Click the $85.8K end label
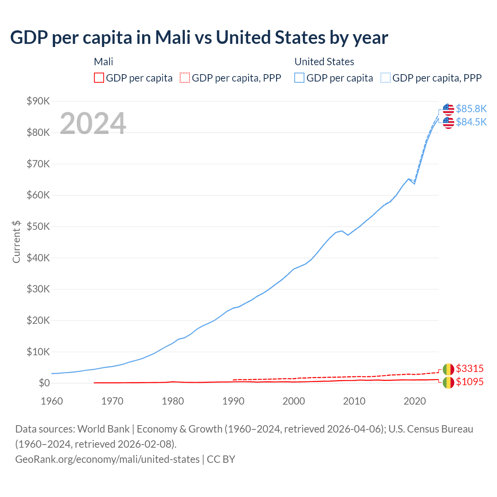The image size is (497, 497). pyautogui.click(x=471, y=109)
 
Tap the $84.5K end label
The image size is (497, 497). pyautogui.click(x=471, y=122)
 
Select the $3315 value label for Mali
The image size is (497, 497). pyautogui.click(x=469, y=368)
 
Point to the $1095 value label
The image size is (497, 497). pyautogui.click(x=469, y=382)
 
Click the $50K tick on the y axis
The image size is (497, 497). pyautogui.click(x=38, y=226)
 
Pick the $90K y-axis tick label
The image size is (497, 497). pyautogui.click(x=38, y=101)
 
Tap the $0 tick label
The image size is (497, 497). pyautogui.click(x=44, y=383)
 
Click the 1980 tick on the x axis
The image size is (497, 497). pyautogui.click(x=173, y=401)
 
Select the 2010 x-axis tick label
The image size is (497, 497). pyautogui.click(x=354, y=401)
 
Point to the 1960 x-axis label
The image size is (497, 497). pyautogui.click(x=52, y=401)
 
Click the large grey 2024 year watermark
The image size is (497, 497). pyautogui.click(x=93, y=123)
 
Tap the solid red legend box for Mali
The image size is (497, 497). pyautogui.click(x=99, y=78)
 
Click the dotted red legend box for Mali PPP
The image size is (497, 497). pyautogui.click(x=185, y=78)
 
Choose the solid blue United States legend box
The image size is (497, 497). pyautogui.click(x=299, y=78)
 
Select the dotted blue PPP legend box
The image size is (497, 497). pyautogui.click(x=386, y=78)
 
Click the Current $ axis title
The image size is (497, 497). pyautogui.click(x=16, y=242)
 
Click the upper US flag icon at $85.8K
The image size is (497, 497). pyautogui.click(x=448, y=109)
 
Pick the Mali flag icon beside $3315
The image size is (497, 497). pyautogui.click(x=448, y=369)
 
